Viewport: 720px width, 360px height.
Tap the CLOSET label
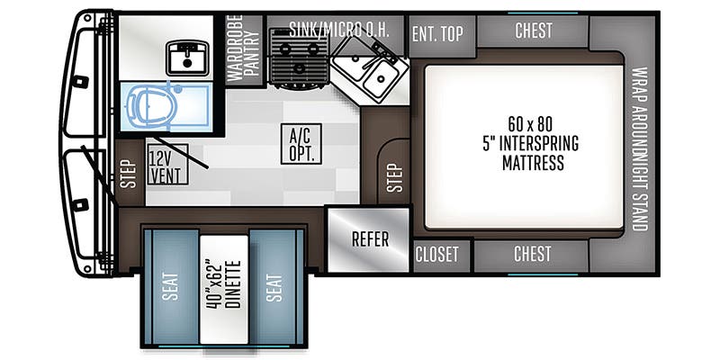(x=437, y=255)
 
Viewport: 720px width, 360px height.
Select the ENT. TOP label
(x=437, y=33)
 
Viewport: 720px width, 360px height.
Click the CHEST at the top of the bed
(x=533, y=31)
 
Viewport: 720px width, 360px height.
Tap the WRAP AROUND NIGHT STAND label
(x=639, y=148)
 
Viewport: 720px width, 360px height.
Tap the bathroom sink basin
(x=187, y=58)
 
